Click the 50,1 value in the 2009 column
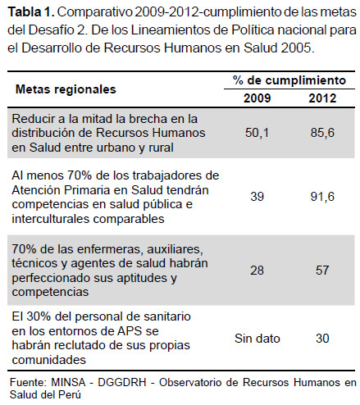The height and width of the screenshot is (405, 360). point(257,133)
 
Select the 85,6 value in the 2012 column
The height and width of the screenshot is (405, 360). point(322,133)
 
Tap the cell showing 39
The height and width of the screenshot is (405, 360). point(257,197)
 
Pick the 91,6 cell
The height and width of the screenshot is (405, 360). point(322,197)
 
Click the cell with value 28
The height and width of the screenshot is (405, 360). point(257,271)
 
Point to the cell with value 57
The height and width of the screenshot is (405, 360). point(322,271)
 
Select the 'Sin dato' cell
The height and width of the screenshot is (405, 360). point(257,339)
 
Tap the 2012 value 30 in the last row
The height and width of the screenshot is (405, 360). point(322,339)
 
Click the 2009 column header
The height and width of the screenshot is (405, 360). point(257,98)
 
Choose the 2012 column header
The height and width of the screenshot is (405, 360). point(322,98)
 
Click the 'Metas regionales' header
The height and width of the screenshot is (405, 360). point(66,89)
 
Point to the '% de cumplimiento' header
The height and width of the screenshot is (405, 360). point(289,80)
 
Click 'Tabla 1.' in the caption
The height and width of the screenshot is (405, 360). point(31,12)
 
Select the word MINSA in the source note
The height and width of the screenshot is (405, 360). point(68,382)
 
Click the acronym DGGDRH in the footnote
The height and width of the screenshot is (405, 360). point(122,382)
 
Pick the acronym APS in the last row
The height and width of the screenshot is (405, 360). point(130,331)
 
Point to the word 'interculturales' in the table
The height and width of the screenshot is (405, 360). point(51,219)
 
